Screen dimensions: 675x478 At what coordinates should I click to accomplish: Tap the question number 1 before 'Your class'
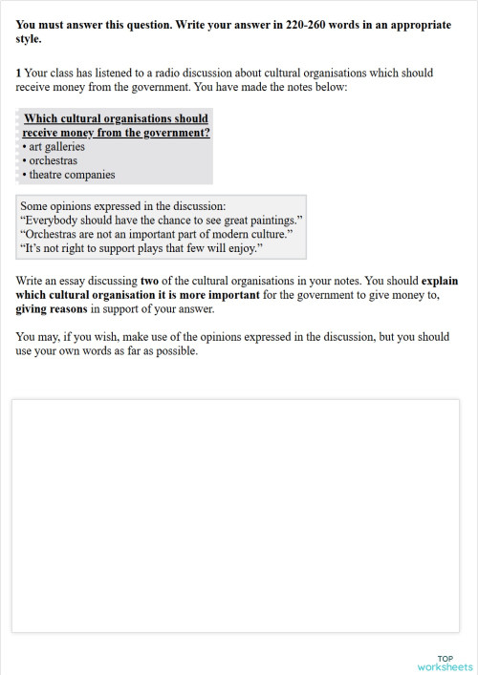[18, 73]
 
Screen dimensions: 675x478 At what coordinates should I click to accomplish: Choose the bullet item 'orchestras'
[53, 160]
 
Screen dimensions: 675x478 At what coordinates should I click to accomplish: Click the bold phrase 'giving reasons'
[53, 308]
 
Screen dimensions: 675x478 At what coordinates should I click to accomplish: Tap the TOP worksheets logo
[445, 662]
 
